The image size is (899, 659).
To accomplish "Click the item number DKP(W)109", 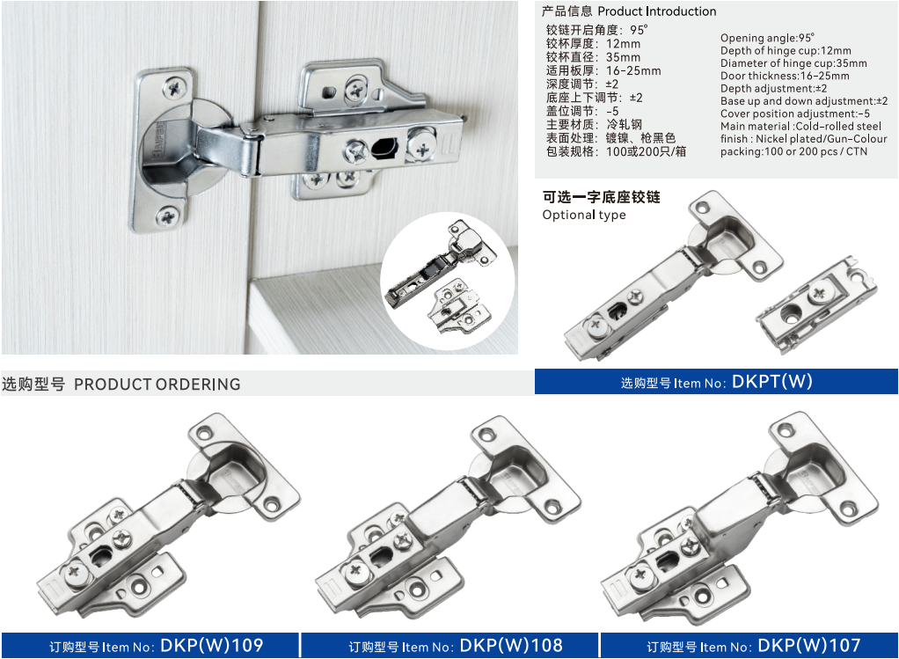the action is [x=212, y=646].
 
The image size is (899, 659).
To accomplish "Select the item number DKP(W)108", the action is [x=511, y=646].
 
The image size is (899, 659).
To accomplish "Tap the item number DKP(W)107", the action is [x=809, y=646].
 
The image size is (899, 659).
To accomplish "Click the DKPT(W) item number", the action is [x=771, y=382].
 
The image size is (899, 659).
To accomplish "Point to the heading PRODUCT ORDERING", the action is [x=157, y=384].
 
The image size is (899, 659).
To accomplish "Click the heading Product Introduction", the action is [x=657, y=11].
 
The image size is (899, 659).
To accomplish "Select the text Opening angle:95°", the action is [x=767, y=38].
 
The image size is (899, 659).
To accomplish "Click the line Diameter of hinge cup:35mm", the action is [x=793, y=63].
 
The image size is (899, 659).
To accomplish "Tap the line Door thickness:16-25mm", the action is [x=785, y=76].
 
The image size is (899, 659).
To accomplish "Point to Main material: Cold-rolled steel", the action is [x=801, y=126].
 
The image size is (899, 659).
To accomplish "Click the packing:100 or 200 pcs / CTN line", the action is [x=794, y=151].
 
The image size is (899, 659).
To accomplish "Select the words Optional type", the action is [x=584, y=215].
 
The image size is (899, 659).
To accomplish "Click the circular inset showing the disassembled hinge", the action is [x=448, y=281].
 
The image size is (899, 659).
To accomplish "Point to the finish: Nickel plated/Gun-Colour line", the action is [x=803, y=139].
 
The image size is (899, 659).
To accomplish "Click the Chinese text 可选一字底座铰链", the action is [x=602, y=197].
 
